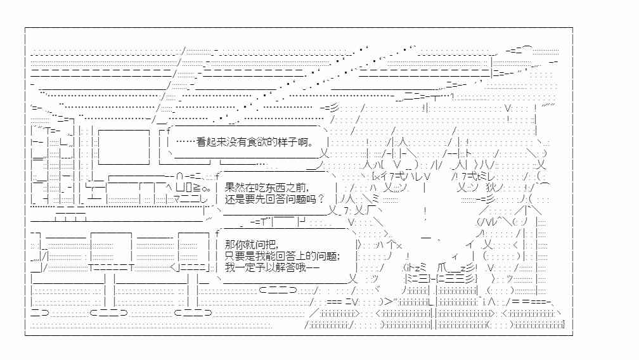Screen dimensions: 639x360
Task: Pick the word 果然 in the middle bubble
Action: [x=235, y=188]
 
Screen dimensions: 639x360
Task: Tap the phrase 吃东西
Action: [x=271, y=188]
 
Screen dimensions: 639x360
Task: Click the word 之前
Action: [x=296, y=188]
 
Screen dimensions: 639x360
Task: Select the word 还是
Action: [x=235, y=199]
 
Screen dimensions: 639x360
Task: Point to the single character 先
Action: [x=261, y=199]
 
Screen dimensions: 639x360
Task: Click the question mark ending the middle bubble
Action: [x=321, y=199]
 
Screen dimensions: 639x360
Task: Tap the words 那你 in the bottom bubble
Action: [x=235, y=245]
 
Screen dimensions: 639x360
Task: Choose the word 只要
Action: [x=235, y=256]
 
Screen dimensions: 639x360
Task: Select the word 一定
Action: [x=245, y=267]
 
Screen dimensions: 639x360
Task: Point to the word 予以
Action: [x=266, y=267]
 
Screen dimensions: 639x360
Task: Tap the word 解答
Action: [x=286, y=267]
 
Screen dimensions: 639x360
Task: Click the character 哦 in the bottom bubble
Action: [x=302, y=267]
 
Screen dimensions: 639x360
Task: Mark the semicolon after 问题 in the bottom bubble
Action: [x=339, y=257]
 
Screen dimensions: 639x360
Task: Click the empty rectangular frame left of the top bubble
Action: [x=124, y=147]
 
